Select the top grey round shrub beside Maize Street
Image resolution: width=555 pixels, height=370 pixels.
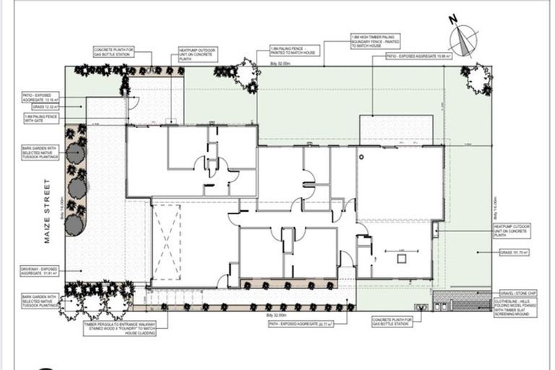coord(74,152)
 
